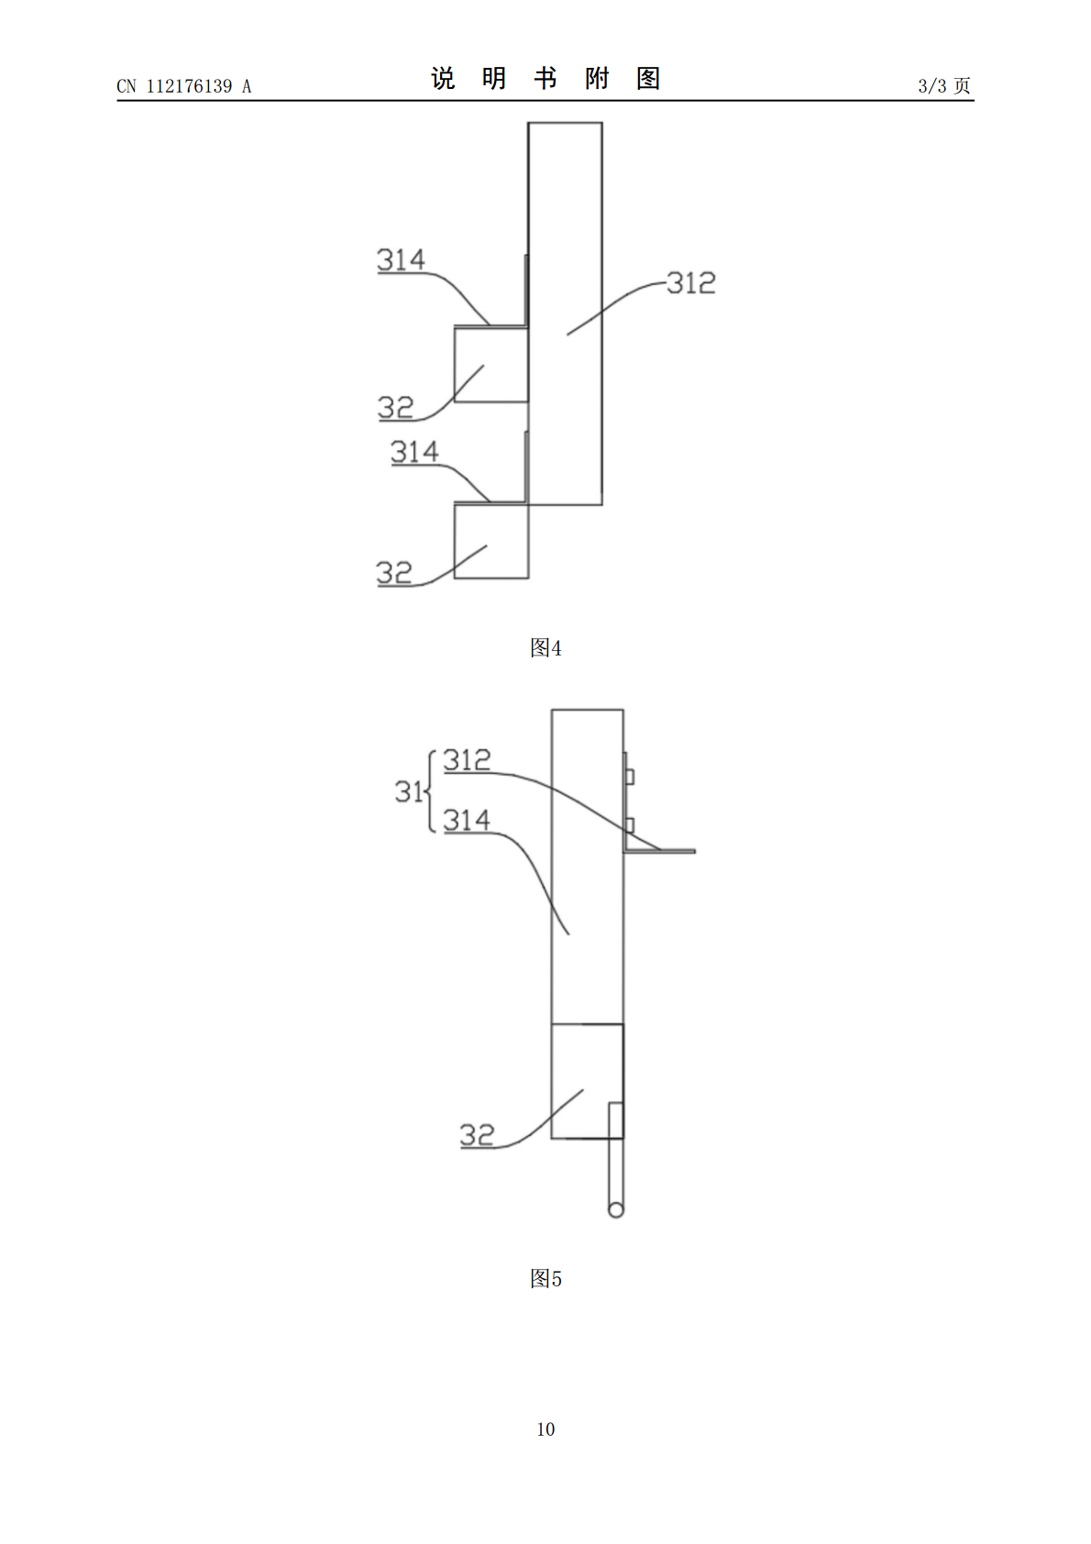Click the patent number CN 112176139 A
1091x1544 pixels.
click(x=184, y=86)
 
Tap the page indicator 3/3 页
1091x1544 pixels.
click(x=944, y=85)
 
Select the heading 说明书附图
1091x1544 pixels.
click(x=545, y=79)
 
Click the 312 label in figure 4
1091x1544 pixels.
click(x=691, y=283)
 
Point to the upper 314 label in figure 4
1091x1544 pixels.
click(x=402, y=259)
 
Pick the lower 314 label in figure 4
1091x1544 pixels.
click(x=414, y=452)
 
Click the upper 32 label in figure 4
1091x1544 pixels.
click(x=395, y=407)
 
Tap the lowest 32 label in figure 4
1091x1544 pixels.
click(x=394, y=573)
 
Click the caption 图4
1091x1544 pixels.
click(x=545, y=648)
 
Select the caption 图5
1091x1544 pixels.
click(x=545, y=1279)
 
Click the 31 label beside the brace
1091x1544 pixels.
click(x=408, y=791)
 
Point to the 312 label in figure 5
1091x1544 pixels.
click(x=468, y=760)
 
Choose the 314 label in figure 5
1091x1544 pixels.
click(x=467, y=821)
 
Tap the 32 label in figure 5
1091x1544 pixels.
click(x=478, y=1135)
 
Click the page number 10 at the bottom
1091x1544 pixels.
click(x=545, y=1429)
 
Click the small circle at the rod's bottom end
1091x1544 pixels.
click(x=616, y=1209)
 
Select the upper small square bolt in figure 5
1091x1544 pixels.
click(x=629, y=777)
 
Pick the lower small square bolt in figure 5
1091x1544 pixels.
click(x=629, y=825)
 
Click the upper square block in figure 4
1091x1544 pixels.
click(x=491, y=365)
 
